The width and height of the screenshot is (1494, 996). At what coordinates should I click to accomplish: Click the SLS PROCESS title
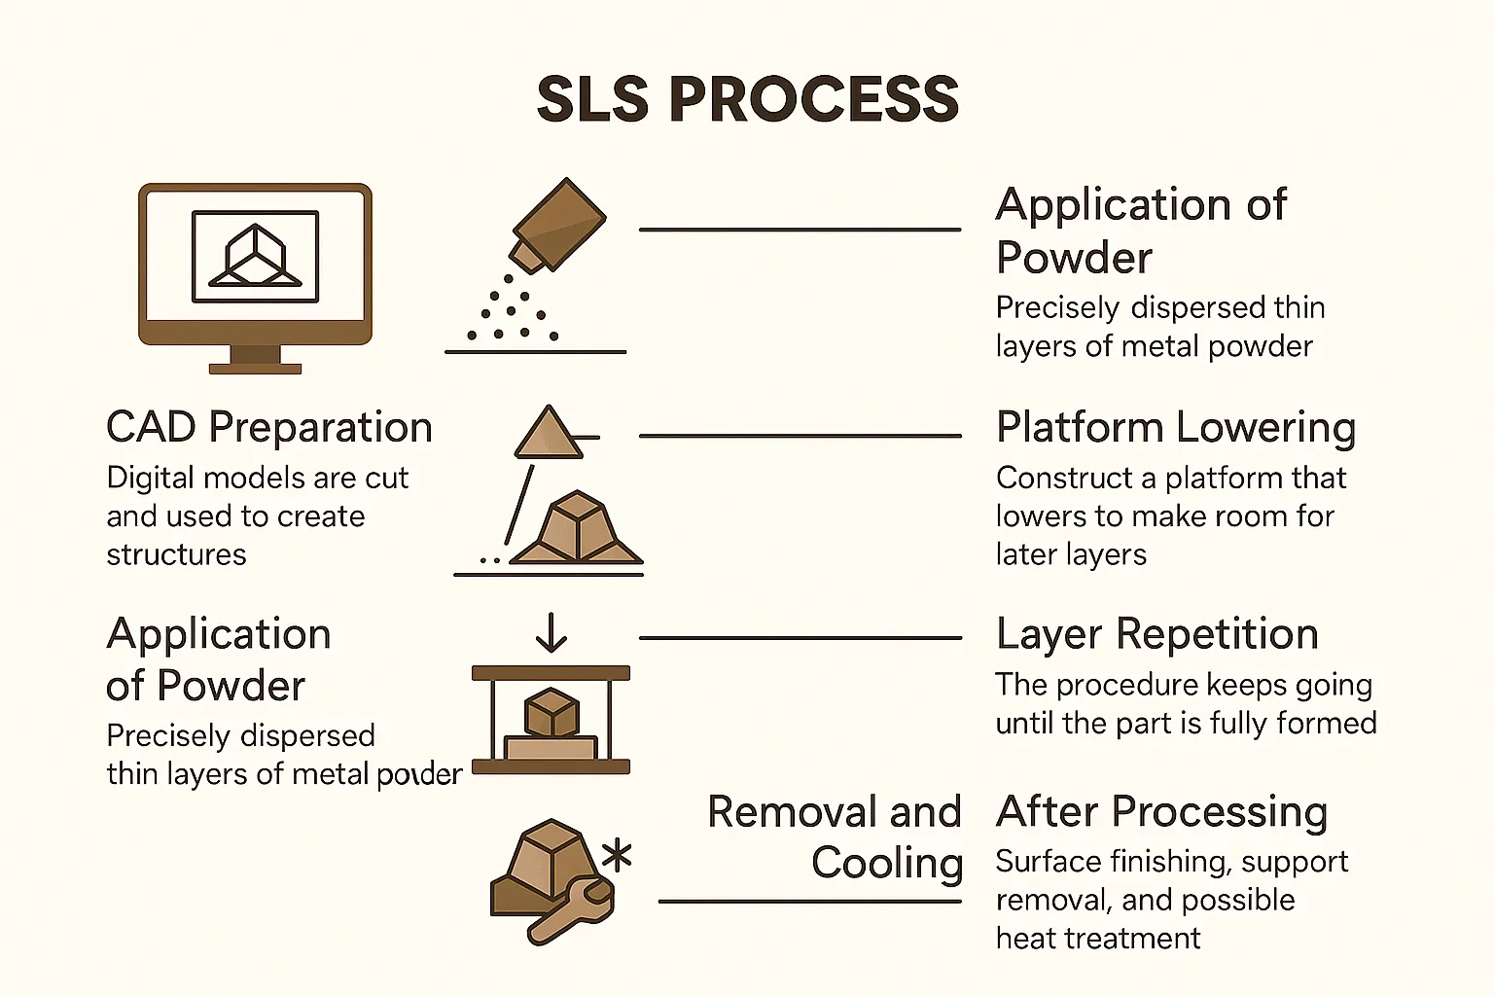[748, 99]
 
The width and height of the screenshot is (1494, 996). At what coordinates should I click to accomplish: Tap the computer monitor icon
[255, 278]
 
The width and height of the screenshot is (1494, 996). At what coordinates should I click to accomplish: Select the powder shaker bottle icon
[557, 226]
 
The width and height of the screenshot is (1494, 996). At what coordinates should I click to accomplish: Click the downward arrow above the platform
[551, 632]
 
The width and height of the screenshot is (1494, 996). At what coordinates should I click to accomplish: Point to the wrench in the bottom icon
[570, 910]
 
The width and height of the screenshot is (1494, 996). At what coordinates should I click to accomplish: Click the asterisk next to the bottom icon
[617, 855]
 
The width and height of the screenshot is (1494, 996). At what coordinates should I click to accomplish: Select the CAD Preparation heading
[269, 427]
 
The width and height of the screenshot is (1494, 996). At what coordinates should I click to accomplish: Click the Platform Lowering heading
[1176, 427]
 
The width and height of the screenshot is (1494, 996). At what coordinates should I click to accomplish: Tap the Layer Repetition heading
[1157, 634]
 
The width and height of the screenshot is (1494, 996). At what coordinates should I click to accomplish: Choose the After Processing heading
[1162, 812]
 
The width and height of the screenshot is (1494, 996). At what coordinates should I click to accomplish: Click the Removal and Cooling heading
[835, 837]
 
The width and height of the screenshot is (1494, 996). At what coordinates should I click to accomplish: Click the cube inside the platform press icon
[551, 712]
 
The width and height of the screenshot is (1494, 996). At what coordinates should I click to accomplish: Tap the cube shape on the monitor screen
[256, 256]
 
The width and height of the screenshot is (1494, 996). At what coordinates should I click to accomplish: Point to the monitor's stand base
[255, 369]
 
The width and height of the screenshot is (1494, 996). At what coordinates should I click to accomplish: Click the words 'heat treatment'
[1098, 938]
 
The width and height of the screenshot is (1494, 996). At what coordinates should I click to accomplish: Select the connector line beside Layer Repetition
[800, 638]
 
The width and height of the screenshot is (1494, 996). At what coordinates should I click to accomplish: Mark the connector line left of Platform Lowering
[800, 436]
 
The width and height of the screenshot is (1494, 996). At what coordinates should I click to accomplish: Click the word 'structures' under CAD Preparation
[176, 554]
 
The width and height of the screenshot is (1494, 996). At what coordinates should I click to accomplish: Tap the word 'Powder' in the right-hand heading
[1074, 258]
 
